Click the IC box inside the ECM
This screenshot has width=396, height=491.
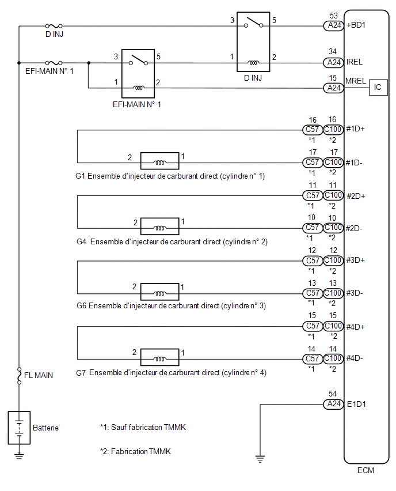click(x=378, y=88)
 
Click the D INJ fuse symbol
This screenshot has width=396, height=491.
click(x=54, y=26)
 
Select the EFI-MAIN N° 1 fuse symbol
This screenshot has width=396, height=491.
click(x=54, y=63)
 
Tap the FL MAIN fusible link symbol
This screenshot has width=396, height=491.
click(x=19, y=376)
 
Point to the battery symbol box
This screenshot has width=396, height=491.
click(x=19, y=428)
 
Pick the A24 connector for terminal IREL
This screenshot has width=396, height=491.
click(x=334, y=63)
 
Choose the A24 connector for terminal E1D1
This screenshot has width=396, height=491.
click(x=334, y=404)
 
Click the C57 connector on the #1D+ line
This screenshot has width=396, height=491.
click(x=313, y=129)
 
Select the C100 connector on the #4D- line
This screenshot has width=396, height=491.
click(x=333, y=358)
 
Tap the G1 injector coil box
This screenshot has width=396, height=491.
click(x=160, y=161)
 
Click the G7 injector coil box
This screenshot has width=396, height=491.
click(x=160, y=357)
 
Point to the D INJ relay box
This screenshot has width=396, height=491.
click(x=253, y=42)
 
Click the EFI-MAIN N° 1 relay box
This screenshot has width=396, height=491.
click(x=138, y=74)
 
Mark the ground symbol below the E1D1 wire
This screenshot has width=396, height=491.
click(x=260, y=459)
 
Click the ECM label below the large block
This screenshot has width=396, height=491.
click(x=365, y=470)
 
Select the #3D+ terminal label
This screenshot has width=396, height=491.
click(x=355, y=260)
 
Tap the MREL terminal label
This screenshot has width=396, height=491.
click(x=356, y=81)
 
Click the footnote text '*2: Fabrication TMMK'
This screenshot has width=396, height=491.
click(x=135, y=451)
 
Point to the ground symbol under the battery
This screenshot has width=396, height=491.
click(x=19, y=456)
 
